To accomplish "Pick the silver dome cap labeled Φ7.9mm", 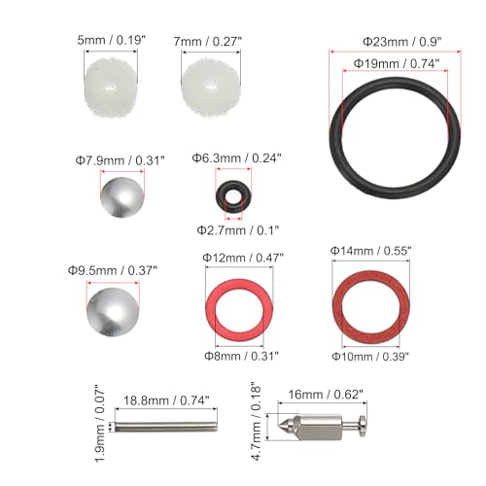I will [122, 197].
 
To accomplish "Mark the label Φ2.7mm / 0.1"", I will [235, 230].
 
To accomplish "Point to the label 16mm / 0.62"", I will [327, 397].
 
